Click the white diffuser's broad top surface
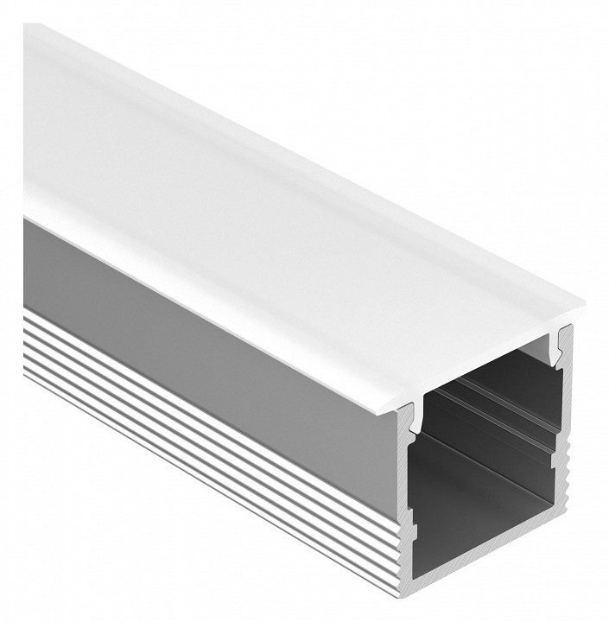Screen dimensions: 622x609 click(259, 173)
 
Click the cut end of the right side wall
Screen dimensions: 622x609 click(567, 449)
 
